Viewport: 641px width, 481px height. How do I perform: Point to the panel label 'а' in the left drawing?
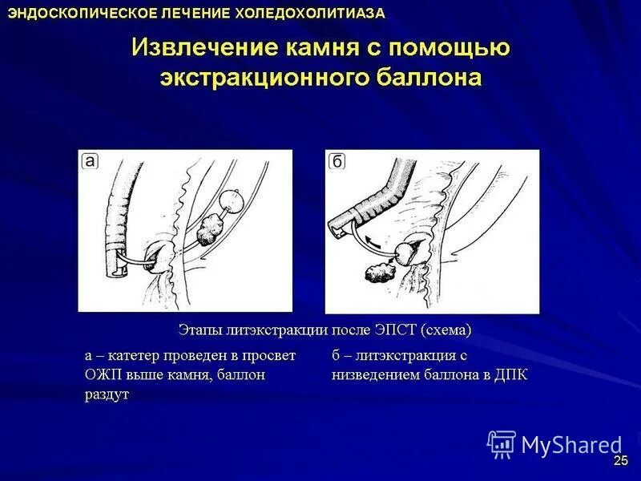[91, 162]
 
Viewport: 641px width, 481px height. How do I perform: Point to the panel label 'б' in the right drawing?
[337, 162]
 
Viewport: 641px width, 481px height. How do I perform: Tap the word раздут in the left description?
[107, 394]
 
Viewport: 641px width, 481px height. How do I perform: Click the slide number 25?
[621, 460]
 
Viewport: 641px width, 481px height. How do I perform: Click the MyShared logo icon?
[502, 444]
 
